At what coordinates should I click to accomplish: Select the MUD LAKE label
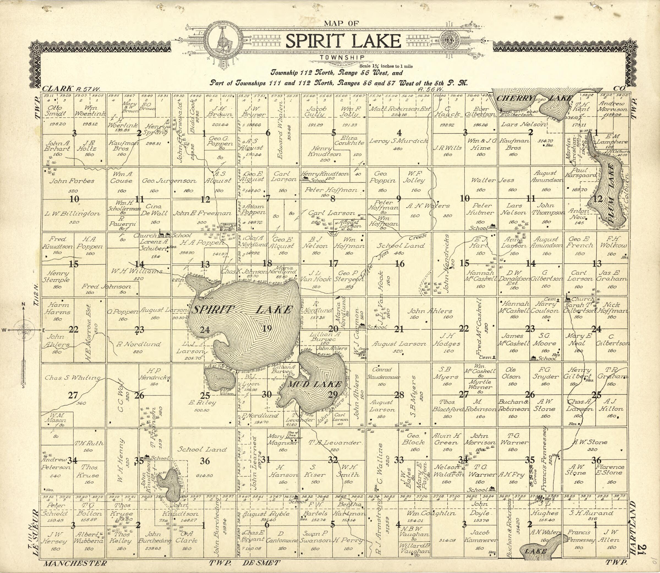click(315, 384)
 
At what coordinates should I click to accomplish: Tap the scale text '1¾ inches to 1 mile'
click(386, 66)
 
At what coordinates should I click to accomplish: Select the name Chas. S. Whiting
click(72, 378)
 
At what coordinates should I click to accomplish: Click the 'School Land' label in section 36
click(202, 449)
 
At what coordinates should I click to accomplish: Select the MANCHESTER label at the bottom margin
click(75, 563)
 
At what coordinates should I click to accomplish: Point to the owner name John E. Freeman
click(202, 213)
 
